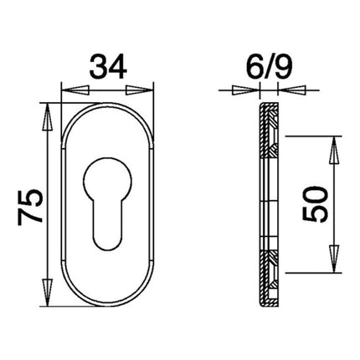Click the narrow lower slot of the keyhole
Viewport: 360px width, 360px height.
(108, 222)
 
